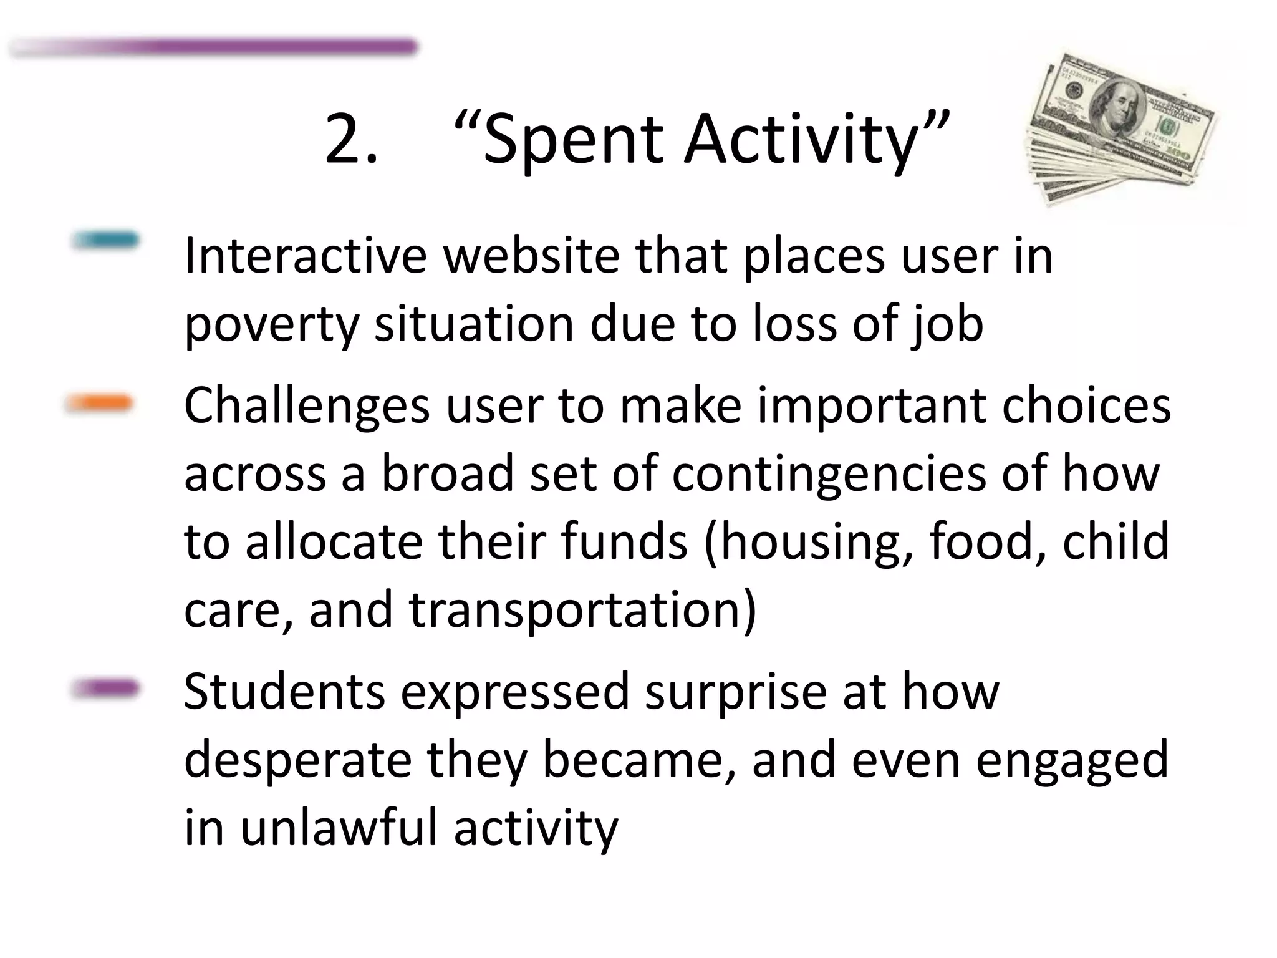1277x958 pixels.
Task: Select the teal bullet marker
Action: [105, 240]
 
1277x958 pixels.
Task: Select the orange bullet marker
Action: [99, 404]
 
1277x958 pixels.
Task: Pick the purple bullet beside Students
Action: [104, 689]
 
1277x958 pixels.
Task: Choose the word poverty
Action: [271, 326]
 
